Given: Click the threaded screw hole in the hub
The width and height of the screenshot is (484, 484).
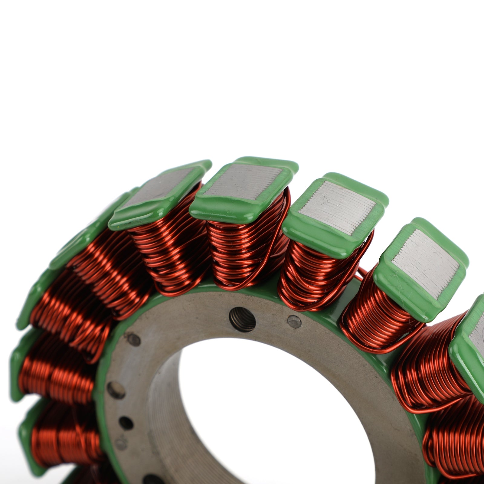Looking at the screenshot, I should click(242, 319).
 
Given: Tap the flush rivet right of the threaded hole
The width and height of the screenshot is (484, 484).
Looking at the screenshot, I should click(294, 322).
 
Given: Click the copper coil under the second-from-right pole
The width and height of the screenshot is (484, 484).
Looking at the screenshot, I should click(378, 321).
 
